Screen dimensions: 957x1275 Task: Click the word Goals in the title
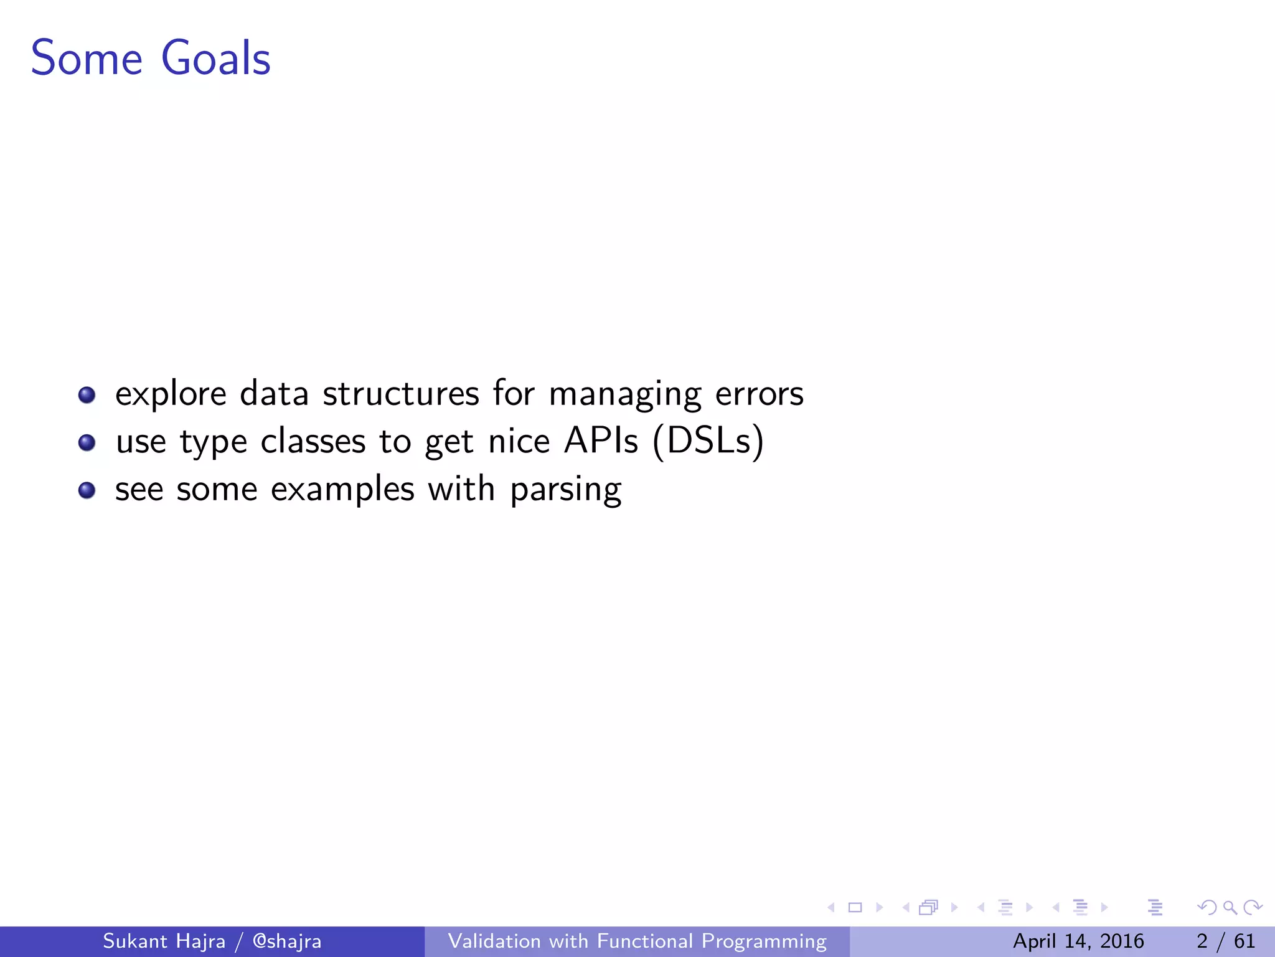pyautogui.click(x=215, y=58)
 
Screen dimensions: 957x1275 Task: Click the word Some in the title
pyautogui.click(x=87, y=58)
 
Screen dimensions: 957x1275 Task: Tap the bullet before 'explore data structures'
pyautogui.click(x=87, y=395)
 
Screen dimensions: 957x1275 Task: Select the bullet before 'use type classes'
pyautogui.click(x=87, y=442)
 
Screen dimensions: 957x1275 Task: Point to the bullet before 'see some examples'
pyautogui.click(x=87, y=490)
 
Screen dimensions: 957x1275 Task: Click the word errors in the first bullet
pyautogui.click(x=759, y=394)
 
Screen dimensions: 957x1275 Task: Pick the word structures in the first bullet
pyautogui.click(x=401, y=394)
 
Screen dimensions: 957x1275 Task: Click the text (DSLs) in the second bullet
pyautogui.click(x=708, y=442)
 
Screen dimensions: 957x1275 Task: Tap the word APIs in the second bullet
pyautogui.click(x=601, y=442)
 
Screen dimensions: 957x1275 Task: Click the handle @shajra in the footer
pyautogui.click(x=286, y=941)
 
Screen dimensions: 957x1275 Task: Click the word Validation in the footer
pyautogui.click(x=494, y=941)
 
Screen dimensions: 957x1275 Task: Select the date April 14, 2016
pyautogui.click(x=1078, y=941)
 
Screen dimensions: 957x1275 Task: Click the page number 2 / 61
pyautogui.click(x=1225, y=941)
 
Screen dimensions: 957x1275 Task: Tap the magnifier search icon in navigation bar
pyautogui.click(x=1230, y=907)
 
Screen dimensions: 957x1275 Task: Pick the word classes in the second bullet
pyautogui.click(x=313, y=442)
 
